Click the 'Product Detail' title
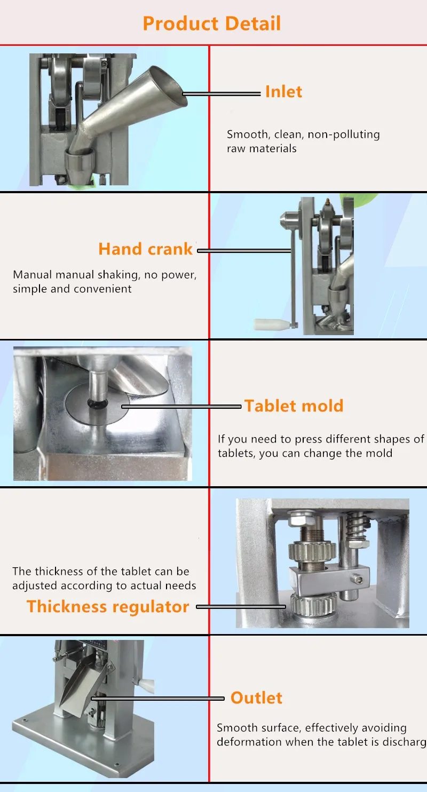[212, 23]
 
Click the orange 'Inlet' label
[283, 92]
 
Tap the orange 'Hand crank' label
[146, 249]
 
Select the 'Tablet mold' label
[294, 406]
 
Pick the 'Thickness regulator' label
[108, 606]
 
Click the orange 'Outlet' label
[256, 698]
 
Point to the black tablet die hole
[96, 404]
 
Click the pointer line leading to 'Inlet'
[222, 94]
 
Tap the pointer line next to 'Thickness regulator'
[241, 607]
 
